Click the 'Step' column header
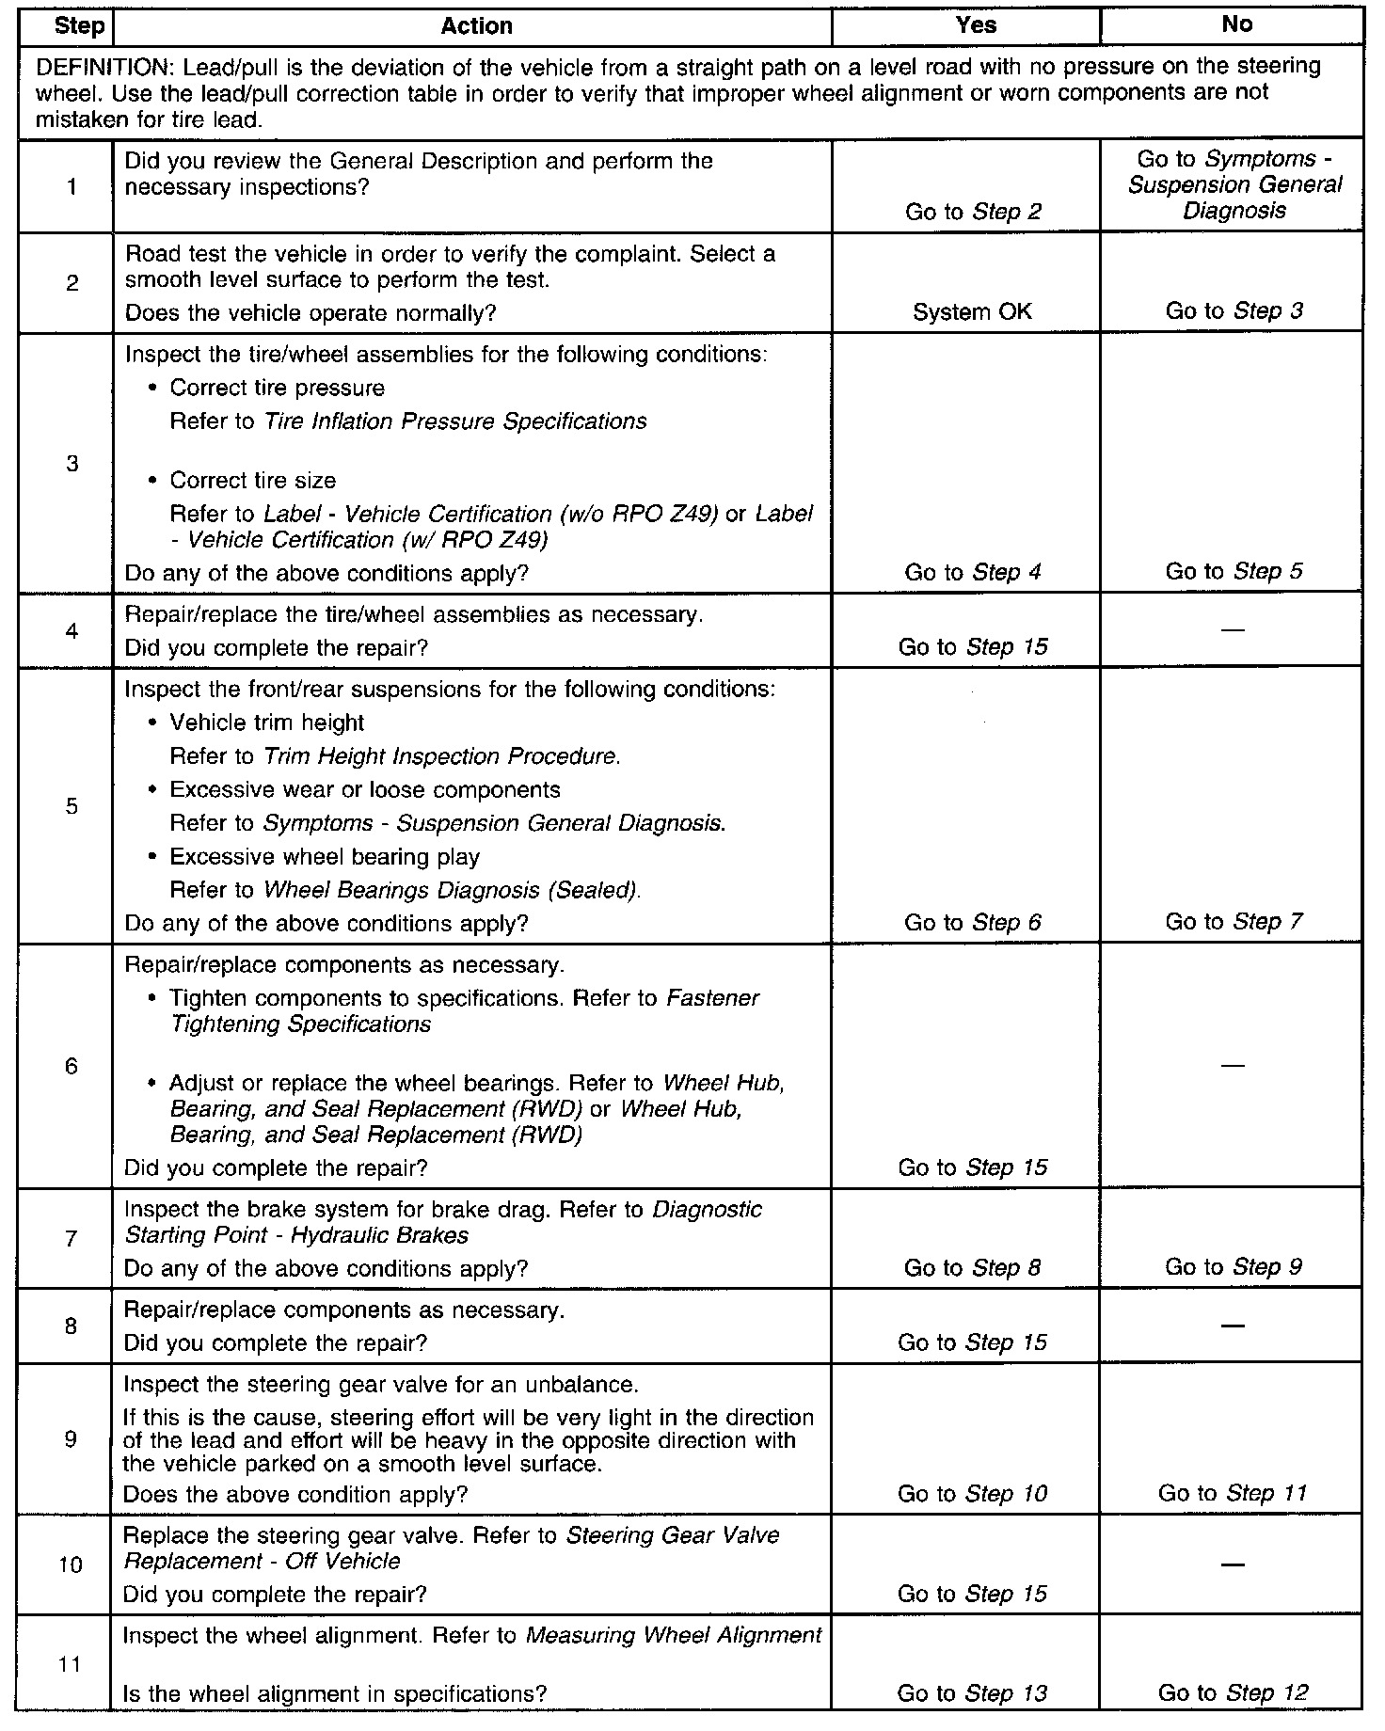pyautogui.click(x=79, y=26)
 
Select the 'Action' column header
pyautogui.click(x=476, y=26)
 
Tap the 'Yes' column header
pyautogui.click(x=975, y=25)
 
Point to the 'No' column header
pyautogui.click(x=1236, y=25)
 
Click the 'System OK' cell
pyautogui.click(x=972, y=312)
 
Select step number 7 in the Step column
pyautogui.click(x=72, y=1239)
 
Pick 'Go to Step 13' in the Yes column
pyautogui.click(x=972, y=1693)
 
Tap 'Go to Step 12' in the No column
pyautogui.click(x=1233, y=1693)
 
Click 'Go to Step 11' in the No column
pyautogui.click(x=1233, y=1493)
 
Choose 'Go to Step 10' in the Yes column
pyautogui.click(x=972, y=1494)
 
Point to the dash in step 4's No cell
pyautogui.click(x=1232, y=629)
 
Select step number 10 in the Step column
pyautogui.click(x=72, y=1565)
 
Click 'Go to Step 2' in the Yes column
pyautogui.click(x=973, y=212)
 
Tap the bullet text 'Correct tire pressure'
pyautogui.click(x=277, y=389)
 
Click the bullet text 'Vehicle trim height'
pyautogui.click(x=266, y=723)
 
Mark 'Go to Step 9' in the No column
pyautogui.click(x=1233, y=1267)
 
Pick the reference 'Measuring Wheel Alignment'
pyautogui.click(x=673, y=1635)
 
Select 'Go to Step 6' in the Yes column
pyautogui.click(x=973, y=923)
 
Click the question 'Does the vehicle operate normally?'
pyautogui.click(x=310, y=312)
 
